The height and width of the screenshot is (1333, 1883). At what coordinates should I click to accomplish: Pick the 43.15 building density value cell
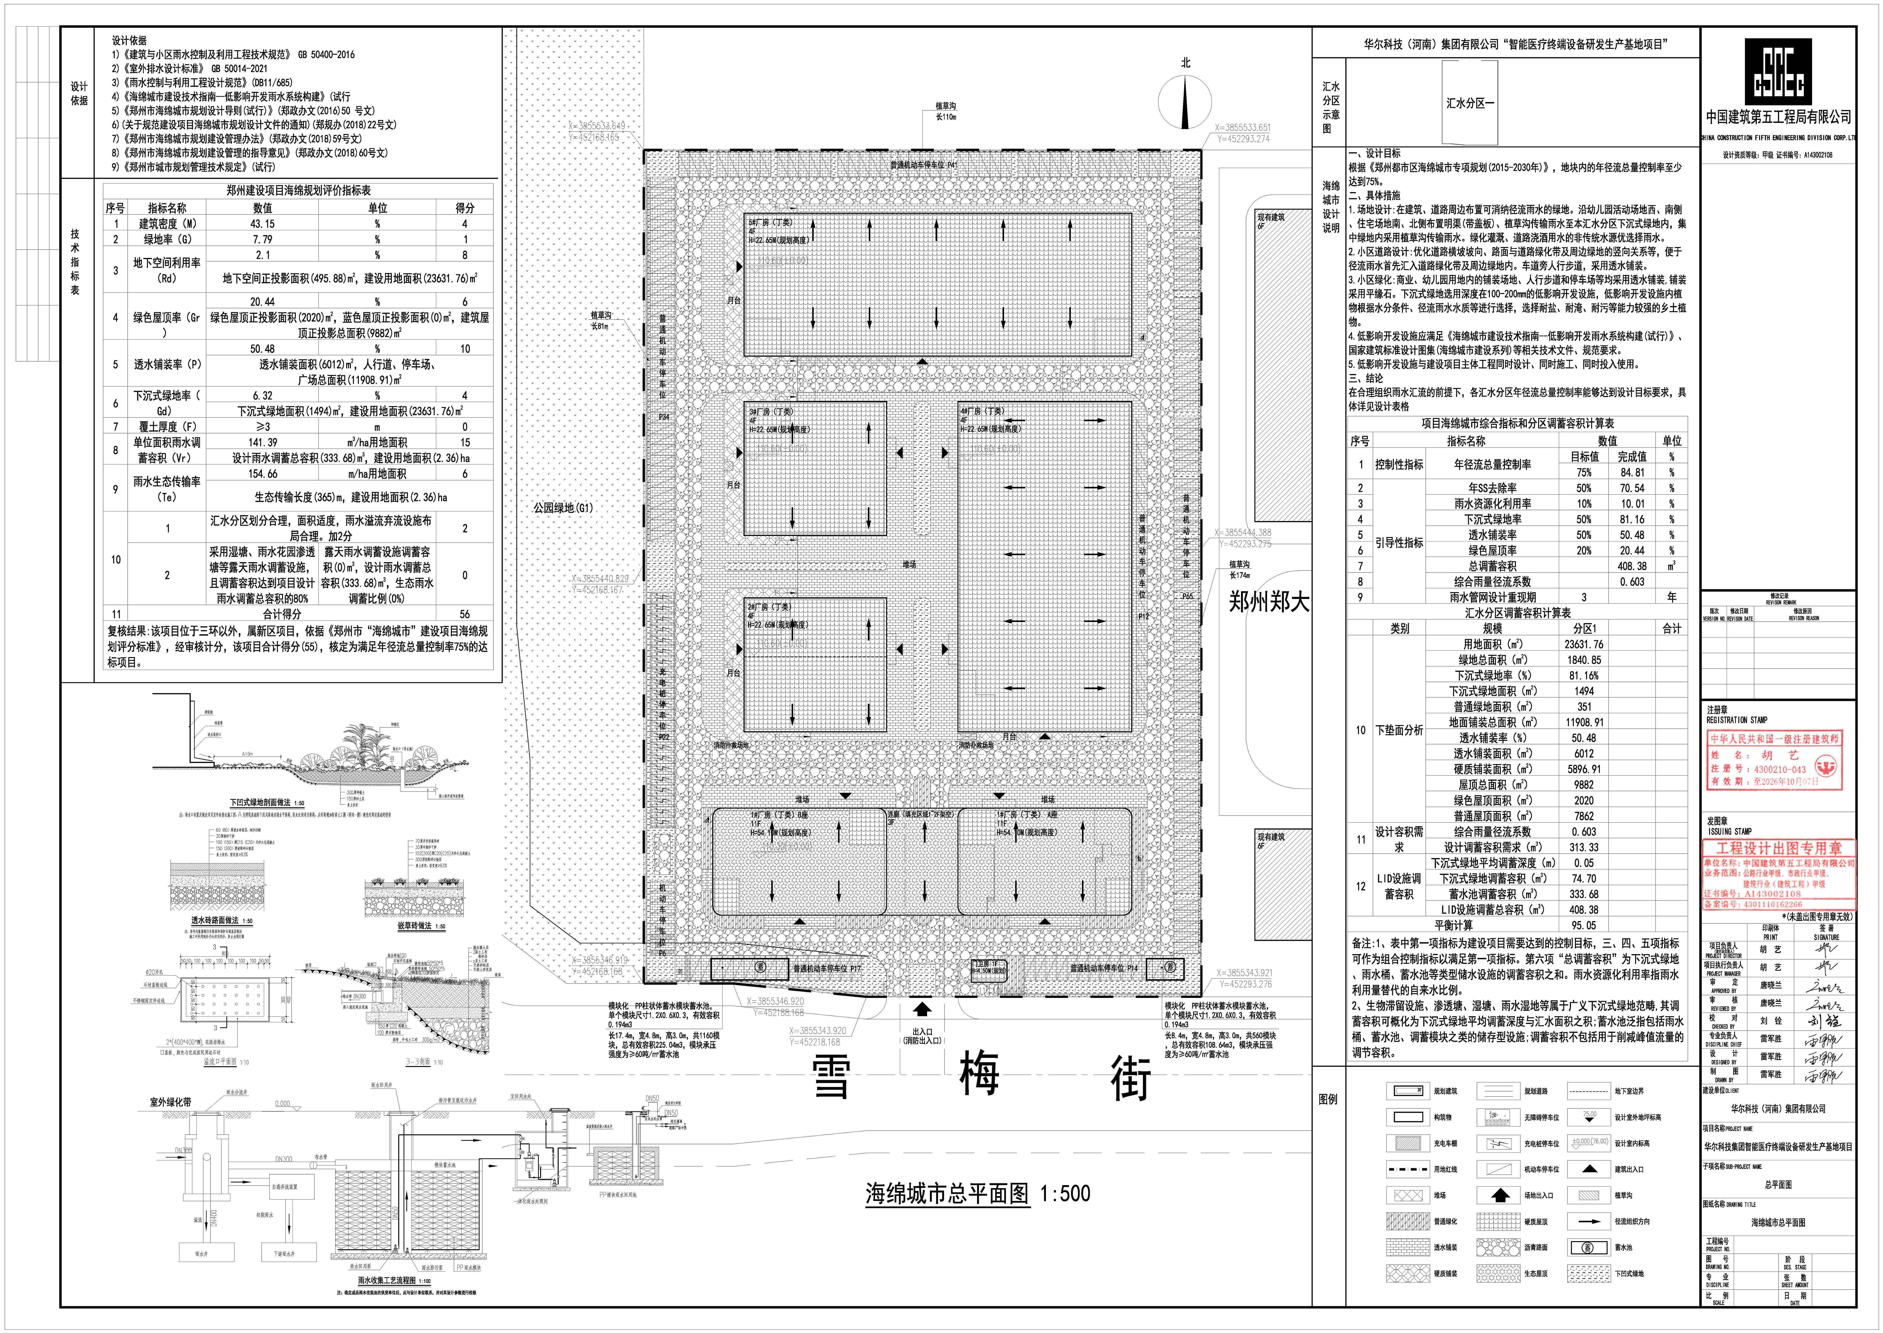[x=263, y=223]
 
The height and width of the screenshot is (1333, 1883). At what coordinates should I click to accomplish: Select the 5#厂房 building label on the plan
[x=770, y=222]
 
